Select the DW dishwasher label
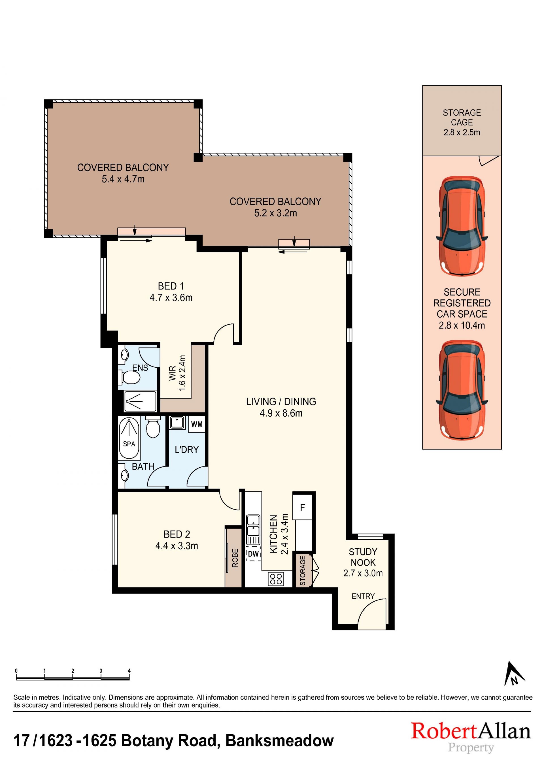[x=254, y=554]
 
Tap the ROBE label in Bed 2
[x=235, y=558]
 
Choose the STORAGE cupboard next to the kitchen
[x=303, y=570]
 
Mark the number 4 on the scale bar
[x=129, y=671]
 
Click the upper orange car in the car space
[x=462, y=226]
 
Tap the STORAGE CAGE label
[x=462, y=118]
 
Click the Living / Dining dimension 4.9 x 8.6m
[x=281, y=413]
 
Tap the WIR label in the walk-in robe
[x=173, y=373]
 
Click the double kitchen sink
[x=253, y=525]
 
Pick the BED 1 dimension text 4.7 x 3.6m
[x=171, y=298]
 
